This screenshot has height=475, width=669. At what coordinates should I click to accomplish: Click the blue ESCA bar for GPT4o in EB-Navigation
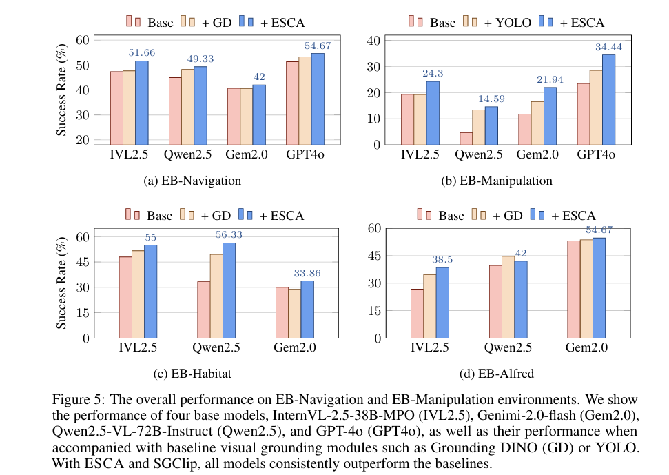(318, 99)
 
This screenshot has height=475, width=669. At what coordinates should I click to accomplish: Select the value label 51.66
(142, 52)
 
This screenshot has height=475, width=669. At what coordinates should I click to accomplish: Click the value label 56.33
(229, 234)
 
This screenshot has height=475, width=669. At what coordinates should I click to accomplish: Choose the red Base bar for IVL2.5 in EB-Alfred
(417, 313)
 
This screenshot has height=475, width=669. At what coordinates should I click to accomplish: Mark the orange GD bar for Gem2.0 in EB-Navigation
(246, 117)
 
